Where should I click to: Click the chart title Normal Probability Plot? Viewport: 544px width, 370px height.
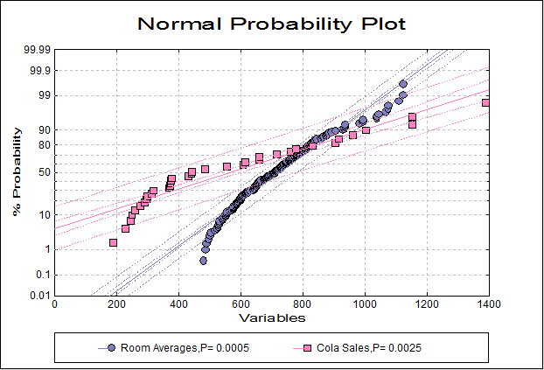[271, 24]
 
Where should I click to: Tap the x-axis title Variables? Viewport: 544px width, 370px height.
[271, 317]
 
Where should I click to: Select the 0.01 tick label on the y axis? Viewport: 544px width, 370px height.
[38, 295]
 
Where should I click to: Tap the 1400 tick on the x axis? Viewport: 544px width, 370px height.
[488, 304]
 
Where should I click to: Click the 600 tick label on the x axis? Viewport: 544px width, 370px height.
[241, 304]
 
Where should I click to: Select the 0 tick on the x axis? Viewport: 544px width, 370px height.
[54, 304]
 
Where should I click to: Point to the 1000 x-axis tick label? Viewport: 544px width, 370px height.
[365, 304]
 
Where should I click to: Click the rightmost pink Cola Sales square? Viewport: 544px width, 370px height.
[487, 103]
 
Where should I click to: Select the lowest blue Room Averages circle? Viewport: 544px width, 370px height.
[204, 261]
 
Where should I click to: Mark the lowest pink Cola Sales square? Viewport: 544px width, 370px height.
[113, 242]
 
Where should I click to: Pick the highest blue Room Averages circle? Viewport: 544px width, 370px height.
[403, 84]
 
